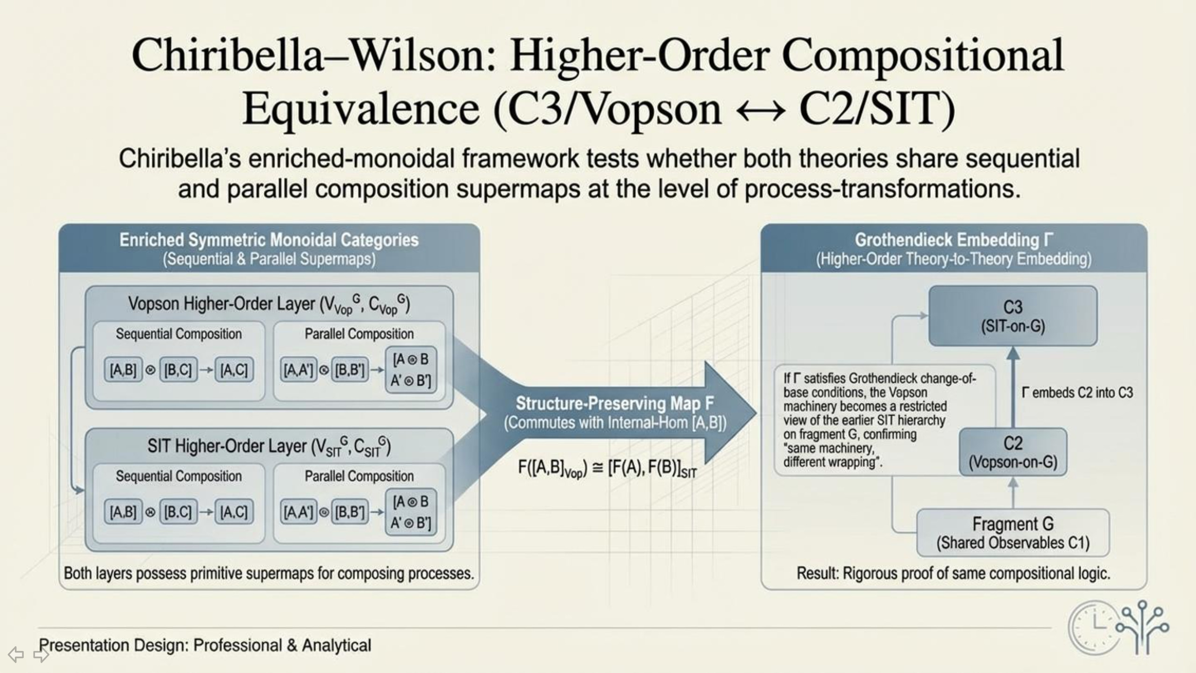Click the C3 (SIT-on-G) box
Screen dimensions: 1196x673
pyautogui.click(x=1012, y=316)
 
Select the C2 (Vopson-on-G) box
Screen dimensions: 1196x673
pyautogui.click(x=1012, y=452)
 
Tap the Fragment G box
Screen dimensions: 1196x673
pyautogui.click(x=1012, y=533)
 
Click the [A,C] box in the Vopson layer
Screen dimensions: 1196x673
pyautogui.click(x=234, y=370)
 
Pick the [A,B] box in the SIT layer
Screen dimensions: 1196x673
pyautogui.click(x=123, y=512)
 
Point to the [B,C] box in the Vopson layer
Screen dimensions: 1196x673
pyautogui.click(x=178, y=370)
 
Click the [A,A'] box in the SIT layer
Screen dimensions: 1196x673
pyautogui.click(x=298, y=512)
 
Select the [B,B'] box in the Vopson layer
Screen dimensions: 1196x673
pyautogui.click(x=350, y=370)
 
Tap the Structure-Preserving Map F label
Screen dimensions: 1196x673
pyautogui.click(x=614, y=403)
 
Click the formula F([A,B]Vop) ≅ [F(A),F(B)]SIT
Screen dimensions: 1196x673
pyautogui.click(x=607, y=468)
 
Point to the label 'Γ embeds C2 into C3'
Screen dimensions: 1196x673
pyautogui.click(x=1077, y=393)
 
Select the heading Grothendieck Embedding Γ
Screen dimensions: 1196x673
pyautogui.click(x=954, y=240)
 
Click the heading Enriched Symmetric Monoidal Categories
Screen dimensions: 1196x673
pyautogui.click(x=269, y=240)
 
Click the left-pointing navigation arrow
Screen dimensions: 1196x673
pyautogui.click(x=16, y=654)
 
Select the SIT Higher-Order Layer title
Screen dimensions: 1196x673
pyautogui.click(x=269, y=446)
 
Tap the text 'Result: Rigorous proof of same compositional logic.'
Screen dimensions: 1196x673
pyautogui.click(x=953, y=573)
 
